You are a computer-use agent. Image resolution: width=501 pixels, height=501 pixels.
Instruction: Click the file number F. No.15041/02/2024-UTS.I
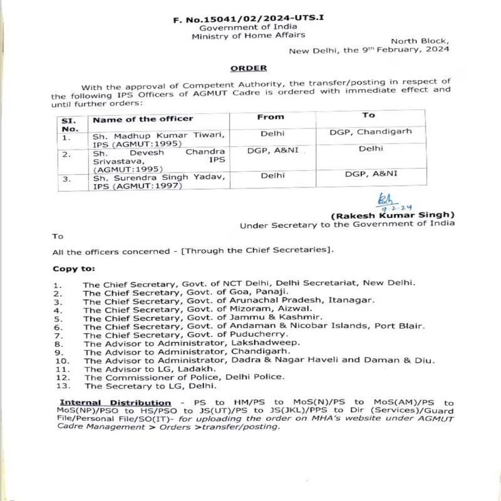(x=249, y=19)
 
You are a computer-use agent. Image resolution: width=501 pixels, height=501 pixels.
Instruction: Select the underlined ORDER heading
(x=248, y=68)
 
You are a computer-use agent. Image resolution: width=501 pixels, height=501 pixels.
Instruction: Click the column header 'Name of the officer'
(x=143, y=118)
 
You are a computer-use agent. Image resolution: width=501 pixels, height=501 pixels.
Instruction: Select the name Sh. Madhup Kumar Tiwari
(x=157, y=135)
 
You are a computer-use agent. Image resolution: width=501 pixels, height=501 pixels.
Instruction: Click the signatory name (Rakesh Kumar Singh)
(x=393, y=215)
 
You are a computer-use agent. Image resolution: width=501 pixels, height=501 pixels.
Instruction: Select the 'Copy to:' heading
(x=73, y=269)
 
